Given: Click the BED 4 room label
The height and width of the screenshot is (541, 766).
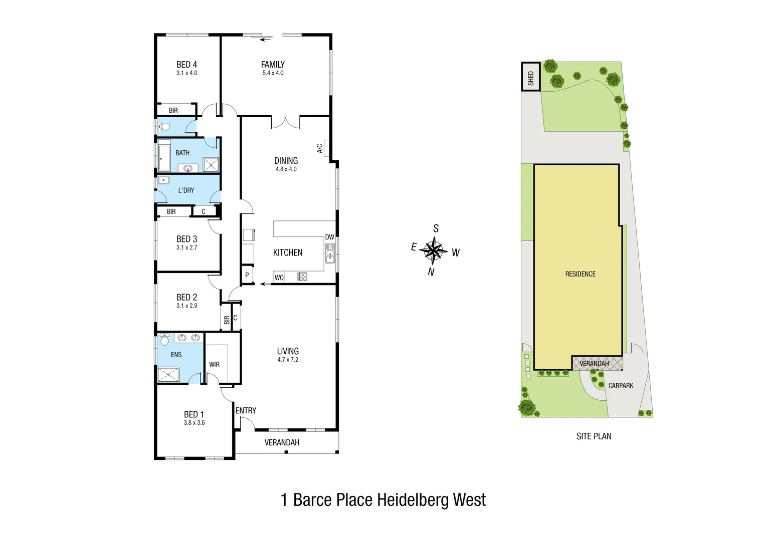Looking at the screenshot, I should tap(186, 65).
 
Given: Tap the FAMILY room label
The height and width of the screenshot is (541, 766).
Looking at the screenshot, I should tap(273, 65).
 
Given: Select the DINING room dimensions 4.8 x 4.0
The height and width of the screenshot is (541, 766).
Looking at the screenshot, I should tap(286, 169).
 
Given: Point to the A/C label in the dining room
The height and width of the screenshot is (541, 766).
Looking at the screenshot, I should tap(320, 148).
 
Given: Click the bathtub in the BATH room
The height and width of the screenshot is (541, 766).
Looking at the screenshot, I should tap(164, 156).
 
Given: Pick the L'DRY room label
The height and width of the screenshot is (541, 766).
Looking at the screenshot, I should tap(186, 190).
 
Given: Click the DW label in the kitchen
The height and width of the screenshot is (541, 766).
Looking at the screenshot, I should tap(329, 237).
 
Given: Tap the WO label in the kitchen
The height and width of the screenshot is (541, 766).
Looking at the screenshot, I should tap(279, 278).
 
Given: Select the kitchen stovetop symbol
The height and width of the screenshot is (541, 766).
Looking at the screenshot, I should tap(302, 277).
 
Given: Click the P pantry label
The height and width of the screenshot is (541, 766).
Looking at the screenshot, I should tap(247, 275).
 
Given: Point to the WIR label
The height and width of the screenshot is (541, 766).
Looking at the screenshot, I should tap(215, 365).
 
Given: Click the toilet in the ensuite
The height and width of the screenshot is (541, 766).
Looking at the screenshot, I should tap(164, 341).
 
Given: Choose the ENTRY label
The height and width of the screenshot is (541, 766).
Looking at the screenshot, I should tap(246, 411).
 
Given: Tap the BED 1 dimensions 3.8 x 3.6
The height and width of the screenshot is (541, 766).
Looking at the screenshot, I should tap(194, 423).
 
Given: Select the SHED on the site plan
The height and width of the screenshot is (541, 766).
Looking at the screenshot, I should tap(531, 77).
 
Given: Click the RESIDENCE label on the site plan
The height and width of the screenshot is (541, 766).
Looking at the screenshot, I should tap(581, 274).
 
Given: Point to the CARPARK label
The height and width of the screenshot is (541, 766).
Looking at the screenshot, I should tap(621, 386).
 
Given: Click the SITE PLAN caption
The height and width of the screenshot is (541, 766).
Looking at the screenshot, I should tap(594, 436).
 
